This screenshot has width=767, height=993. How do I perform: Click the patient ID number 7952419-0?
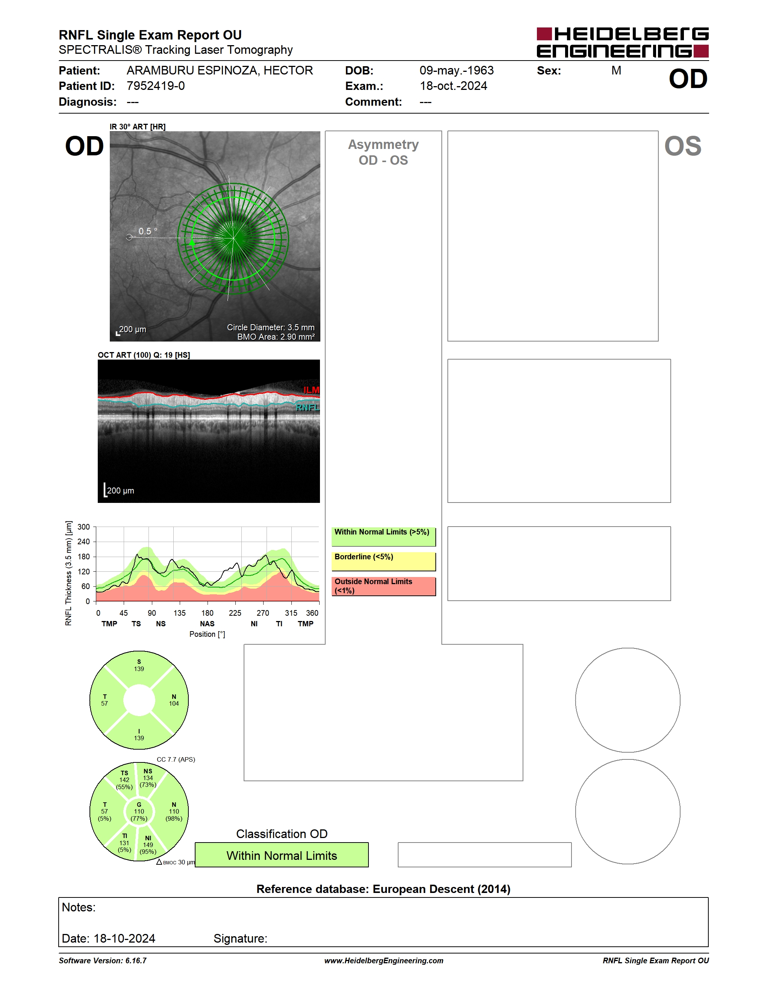pos(155,86)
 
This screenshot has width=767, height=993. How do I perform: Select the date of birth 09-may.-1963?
pos(456,70)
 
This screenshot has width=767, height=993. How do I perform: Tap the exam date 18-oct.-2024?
pos(453,86)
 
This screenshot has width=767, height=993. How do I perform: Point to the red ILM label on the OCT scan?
pos(311,390)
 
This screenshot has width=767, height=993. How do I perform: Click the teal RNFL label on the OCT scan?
pos(308,407)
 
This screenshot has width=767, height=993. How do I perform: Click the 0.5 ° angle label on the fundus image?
pos(148,231)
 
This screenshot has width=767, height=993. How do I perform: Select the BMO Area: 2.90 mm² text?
pos(276,337)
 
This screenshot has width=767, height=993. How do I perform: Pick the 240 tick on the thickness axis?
pos(83,542)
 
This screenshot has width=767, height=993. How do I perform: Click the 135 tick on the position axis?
pos(179,613)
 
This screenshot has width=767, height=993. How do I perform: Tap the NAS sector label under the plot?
pos(207,624)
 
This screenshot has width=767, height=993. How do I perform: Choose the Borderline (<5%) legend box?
pos(383,562)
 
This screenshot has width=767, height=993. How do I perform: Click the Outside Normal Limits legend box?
pos(383,586)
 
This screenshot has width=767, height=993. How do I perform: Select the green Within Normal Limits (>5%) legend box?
pos(383,536)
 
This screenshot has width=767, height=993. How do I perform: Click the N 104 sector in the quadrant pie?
pos(174,700)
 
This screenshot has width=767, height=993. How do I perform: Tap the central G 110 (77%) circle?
pos(139,812)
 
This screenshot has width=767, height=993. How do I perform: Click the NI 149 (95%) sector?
pos(149,845)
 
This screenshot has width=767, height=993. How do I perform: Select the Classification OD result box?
pos(282,855)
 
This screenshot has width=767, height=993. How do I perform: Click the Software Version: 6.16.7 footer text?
pos(103,960)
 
